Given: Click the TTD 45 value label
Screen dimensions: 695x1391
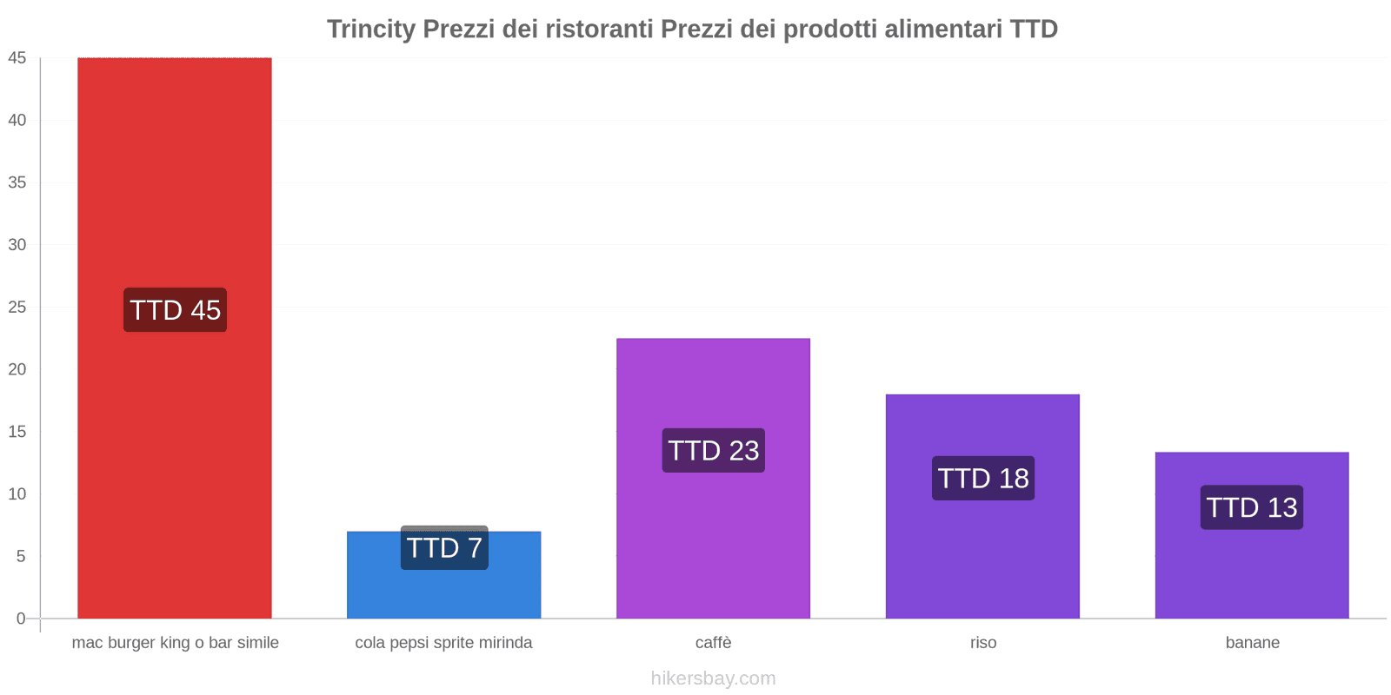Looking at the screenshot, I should coord(175,310).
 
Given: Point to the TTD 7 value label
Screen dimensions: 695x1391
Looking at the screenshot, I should coord(444,548).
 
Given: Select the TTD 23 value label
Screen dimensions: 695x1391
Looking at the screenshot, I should coord(713,450).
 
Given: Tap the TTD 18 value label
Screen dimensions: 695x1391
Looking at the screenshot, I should coord(983,478).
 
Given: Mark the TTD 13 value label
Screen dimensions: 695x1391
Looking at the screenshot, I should coord(1252,507).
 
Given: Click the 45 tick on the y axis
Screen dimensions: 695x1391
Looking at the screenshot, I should coord(17,58).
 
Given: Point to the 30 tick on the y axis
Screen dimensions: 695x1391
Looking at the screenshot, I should coord(17,245).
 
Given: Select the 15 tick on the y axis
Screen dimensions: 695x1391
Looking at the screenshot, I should coord(17,432).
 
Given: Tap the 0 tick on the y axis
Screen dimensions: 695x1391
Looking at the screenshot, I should coord(21,619).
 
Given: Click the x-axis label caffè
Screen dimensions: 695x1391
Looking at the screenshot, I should coord(713,643).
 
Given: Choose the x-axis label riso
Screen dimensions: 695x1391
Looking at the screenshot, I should coord(983,643).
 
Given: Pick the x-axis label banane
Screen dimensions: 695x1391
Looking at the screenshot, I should coord(1252,643).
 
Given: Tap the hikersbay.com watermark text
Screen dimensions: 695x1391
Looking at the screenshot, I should coord(713,678).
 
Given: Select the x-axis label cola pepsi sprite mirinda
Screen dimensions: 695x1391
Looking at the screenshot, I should coord(443,643).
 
